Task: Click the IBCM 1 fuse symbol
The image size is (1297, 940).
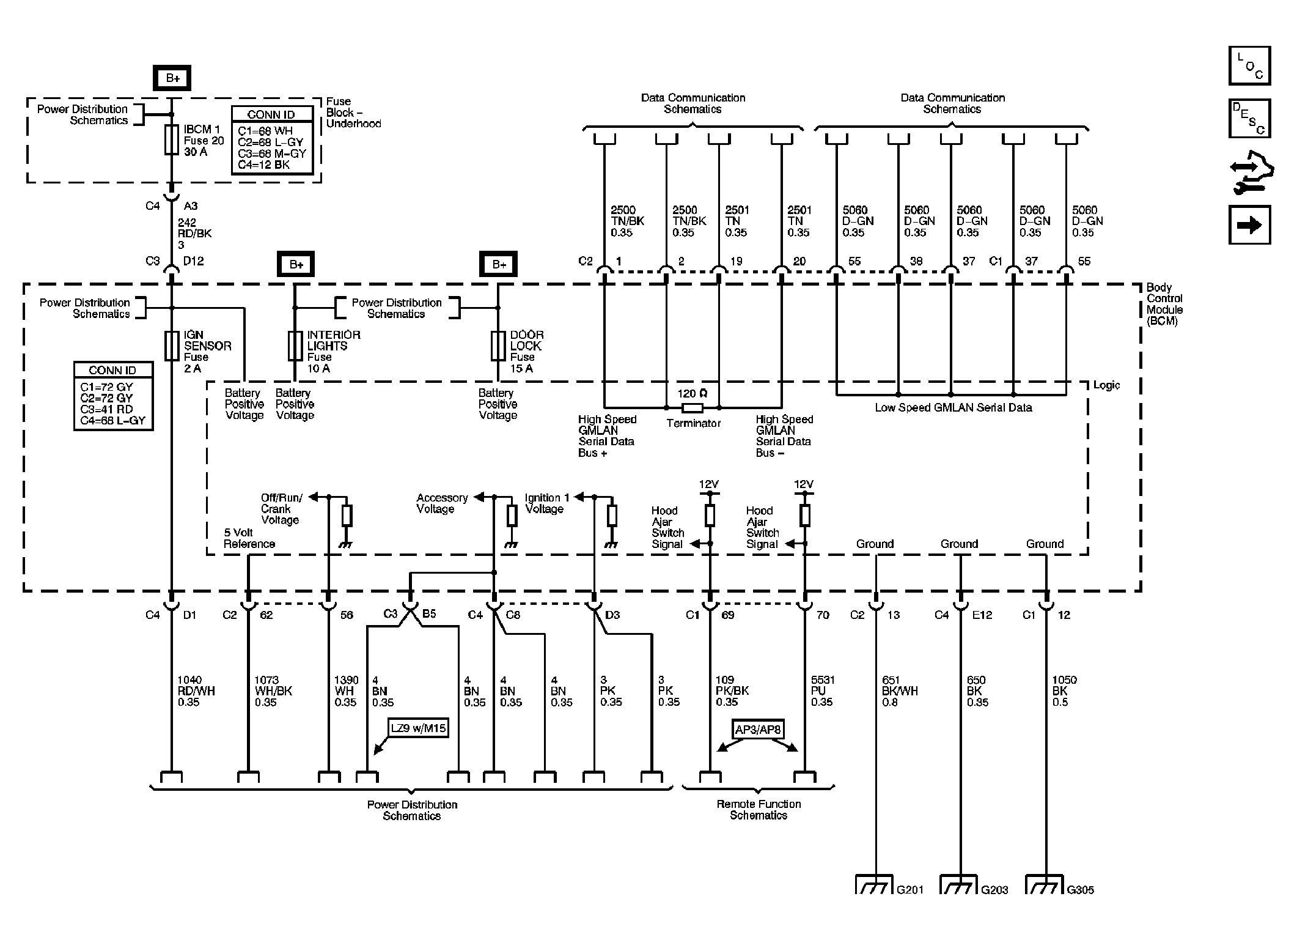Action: [172, 140]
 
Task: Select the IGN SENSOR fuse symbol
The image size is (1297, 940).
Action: [172, 346]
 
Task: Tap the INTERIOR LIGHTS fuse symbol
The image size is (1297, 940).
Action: [295, 346]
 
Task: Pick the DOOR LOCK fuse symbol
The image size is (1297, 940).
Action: [498, 346]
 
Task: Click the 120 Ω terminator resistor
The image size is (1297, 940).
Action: [692, 407]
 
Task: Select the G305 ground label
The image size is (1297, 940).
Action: [1080, 890]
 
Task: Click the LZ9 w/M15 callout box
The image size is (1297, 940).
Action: [418, 728]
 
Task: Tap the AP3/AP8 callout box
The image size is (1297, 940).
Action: [758, 729]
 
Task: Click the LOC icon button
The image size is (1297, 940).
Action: [1249, 65]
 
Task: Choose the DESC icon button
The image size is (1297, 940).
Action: [1249, 118]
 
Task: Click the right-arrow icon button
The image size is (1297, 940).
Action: [1249, 225]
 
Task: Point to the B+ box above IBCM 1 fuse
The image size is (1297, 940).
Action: [172, 78]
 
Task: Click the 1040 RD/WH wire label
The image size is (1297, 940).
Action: [196, 691]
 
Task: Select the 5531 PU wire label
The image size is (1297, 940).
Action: [823, 691]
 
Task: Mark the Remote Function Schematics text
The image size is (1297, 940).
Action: [758, 810]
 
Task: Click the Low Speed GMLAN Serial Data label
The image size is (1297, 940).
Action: [953, 408]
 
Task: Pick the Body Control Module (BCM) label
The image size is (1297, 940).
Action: [1164, 304]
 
